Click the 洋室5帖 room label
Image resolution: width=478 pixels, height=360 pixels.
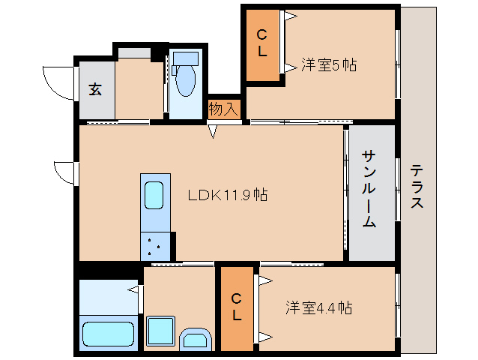(x=328, y=64)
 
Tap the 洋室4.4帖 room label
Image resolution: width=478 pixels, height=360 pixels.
(x=318, y=307)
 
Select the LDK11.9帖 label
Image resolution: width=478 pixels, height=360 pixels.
(x=227, y=195)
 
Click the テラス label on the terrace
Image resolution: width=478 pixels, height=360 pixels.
(x=417, y=187)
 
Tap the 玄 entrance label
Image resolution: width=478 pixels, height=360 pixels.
(x=95, y=89)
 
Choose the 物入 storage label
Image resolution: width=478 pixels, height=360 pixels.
(x=223, y=109)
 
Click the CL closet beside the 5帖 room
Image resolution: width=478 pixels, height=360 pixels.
(x=262, y=43)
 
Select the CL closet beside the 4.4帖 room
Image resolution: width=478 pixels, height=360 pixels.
(x=237, y=307)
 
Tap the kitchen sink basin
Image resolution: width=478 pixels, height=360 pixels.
(x=154, y=196)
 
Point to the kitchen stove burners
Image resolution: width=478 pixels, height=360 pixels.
(x=155, y=246)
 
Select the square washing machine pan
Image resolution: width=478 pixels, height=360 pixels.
(x=160, y=330)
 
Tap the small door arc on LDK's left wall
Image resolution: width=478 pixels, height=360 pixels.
(x=66, y=172)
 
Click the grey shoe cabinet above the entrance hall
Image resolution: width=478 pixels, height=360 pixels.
(x=133, y=52)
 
